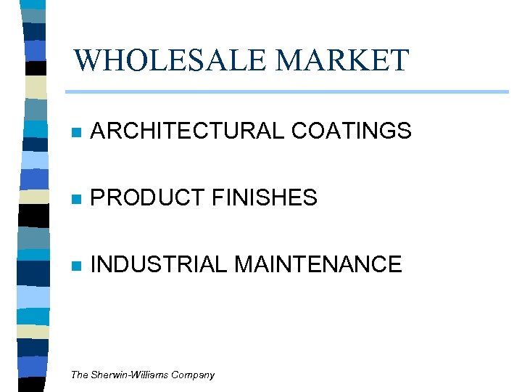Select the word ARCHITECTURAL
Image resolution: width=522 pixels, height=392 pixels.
click(x=187, y=131)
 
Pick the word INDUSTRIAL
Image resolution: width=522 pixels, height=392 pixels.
click(x=158, y=264)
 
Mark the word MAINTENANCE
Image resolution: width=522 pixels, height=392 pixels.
click(x=318, y=264)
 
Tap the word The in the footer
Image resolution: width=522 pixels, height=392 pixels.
click(x=79, y=375)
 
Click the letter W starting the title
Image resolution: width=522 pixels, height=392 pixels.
click(x=88, y=60)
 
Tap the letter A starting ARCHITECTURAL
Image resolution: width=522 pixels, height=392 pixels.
click(x=98, y=131)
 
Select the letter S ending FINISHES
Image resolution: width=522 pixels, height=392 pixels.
click(x=310, y=197)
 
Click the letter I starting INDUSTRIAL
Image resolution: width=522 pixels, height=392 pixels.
click(x=93, y=264)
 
